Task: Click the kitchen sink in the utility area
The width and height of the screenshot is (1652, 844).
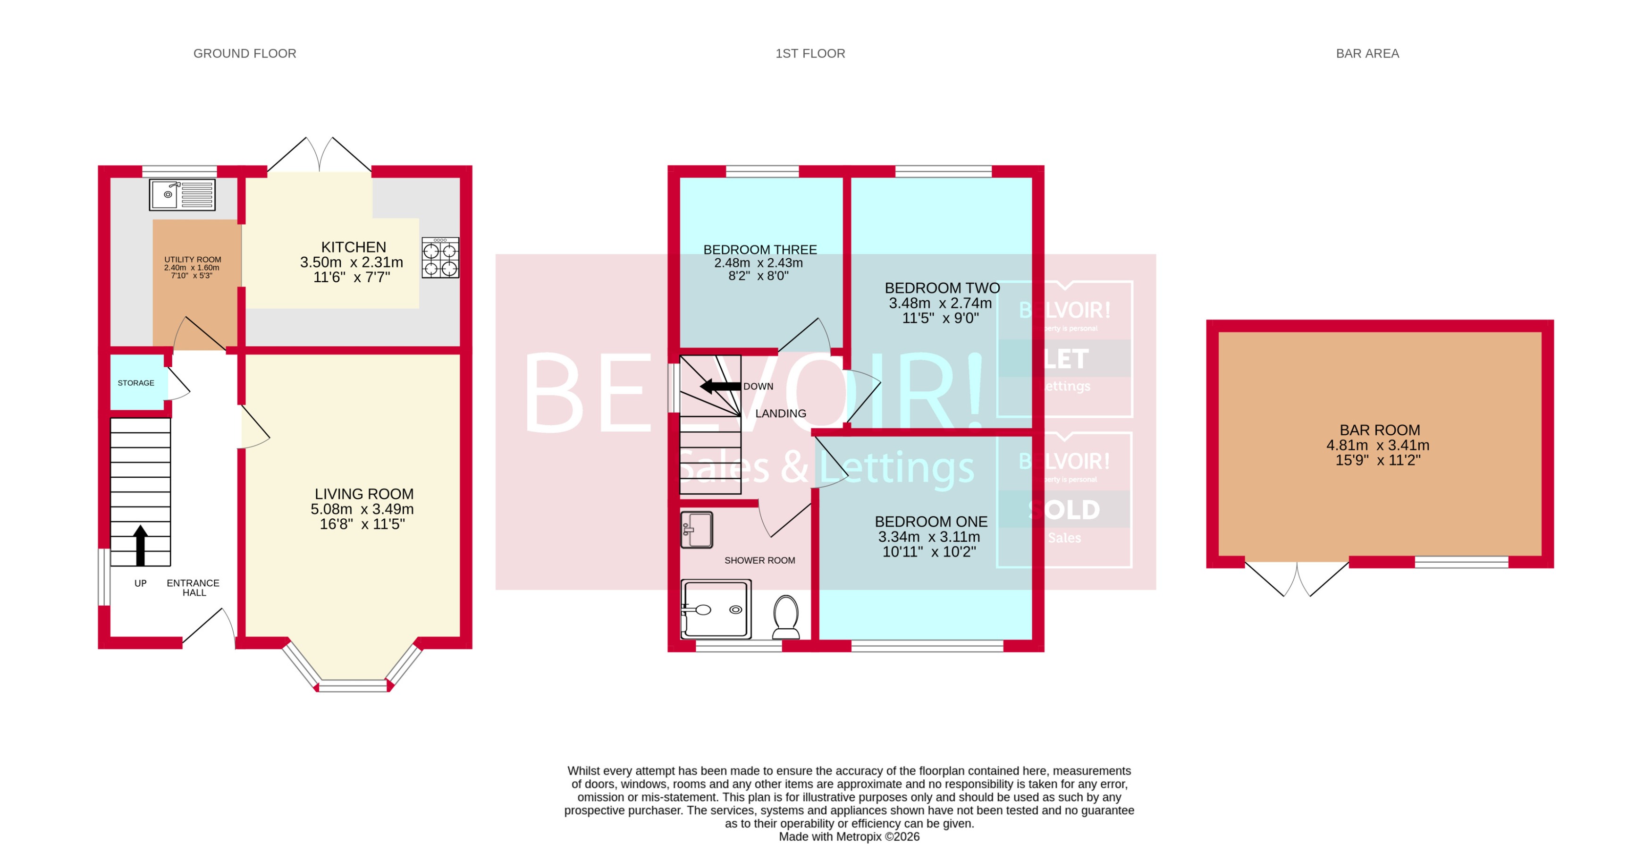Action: point(182,194)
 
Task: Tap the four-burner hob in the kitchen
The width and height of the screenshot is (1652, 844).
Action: point(440,258)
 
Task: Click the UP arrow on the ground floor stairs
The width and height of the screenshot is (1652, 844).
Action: point(141,545)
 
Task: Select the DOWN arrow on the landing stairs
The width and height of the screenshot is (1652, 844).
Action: point(720,386)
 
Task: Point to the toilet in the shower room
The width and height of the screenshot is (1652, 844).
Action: point(786,616)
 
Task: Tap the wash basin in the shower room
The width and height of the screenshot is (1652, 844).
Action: point(697,530)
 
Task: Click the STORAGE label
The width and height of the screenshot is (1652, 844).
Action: point(136,383)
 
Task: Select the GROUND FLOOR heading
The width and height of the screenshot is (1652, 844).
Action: point(245,54)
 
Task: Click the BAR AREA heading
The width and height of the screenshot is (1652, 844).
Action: point(1367,54)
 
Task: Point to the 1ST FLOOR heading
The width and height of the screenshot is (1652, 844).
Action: point(810,54)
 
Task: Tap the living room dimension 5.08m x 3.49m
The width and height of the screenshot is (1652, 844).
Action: point(362,509)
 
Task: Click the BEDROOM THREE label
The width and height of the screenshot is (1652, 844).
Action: point(760,250)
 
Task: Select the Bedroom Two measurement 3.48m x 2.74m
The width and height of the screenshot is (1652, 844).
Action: point(940,304)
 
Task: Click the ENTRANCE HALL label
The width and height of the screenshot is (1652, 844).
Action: point(193,588)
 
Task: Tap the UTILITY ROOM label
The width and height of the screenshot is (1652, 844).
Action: point(193,260)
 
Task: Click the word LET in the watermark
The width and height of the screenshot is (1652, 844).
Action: point(1066,359)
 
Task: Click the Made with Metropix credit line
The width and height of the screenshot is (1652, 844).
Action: point(849,836)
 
